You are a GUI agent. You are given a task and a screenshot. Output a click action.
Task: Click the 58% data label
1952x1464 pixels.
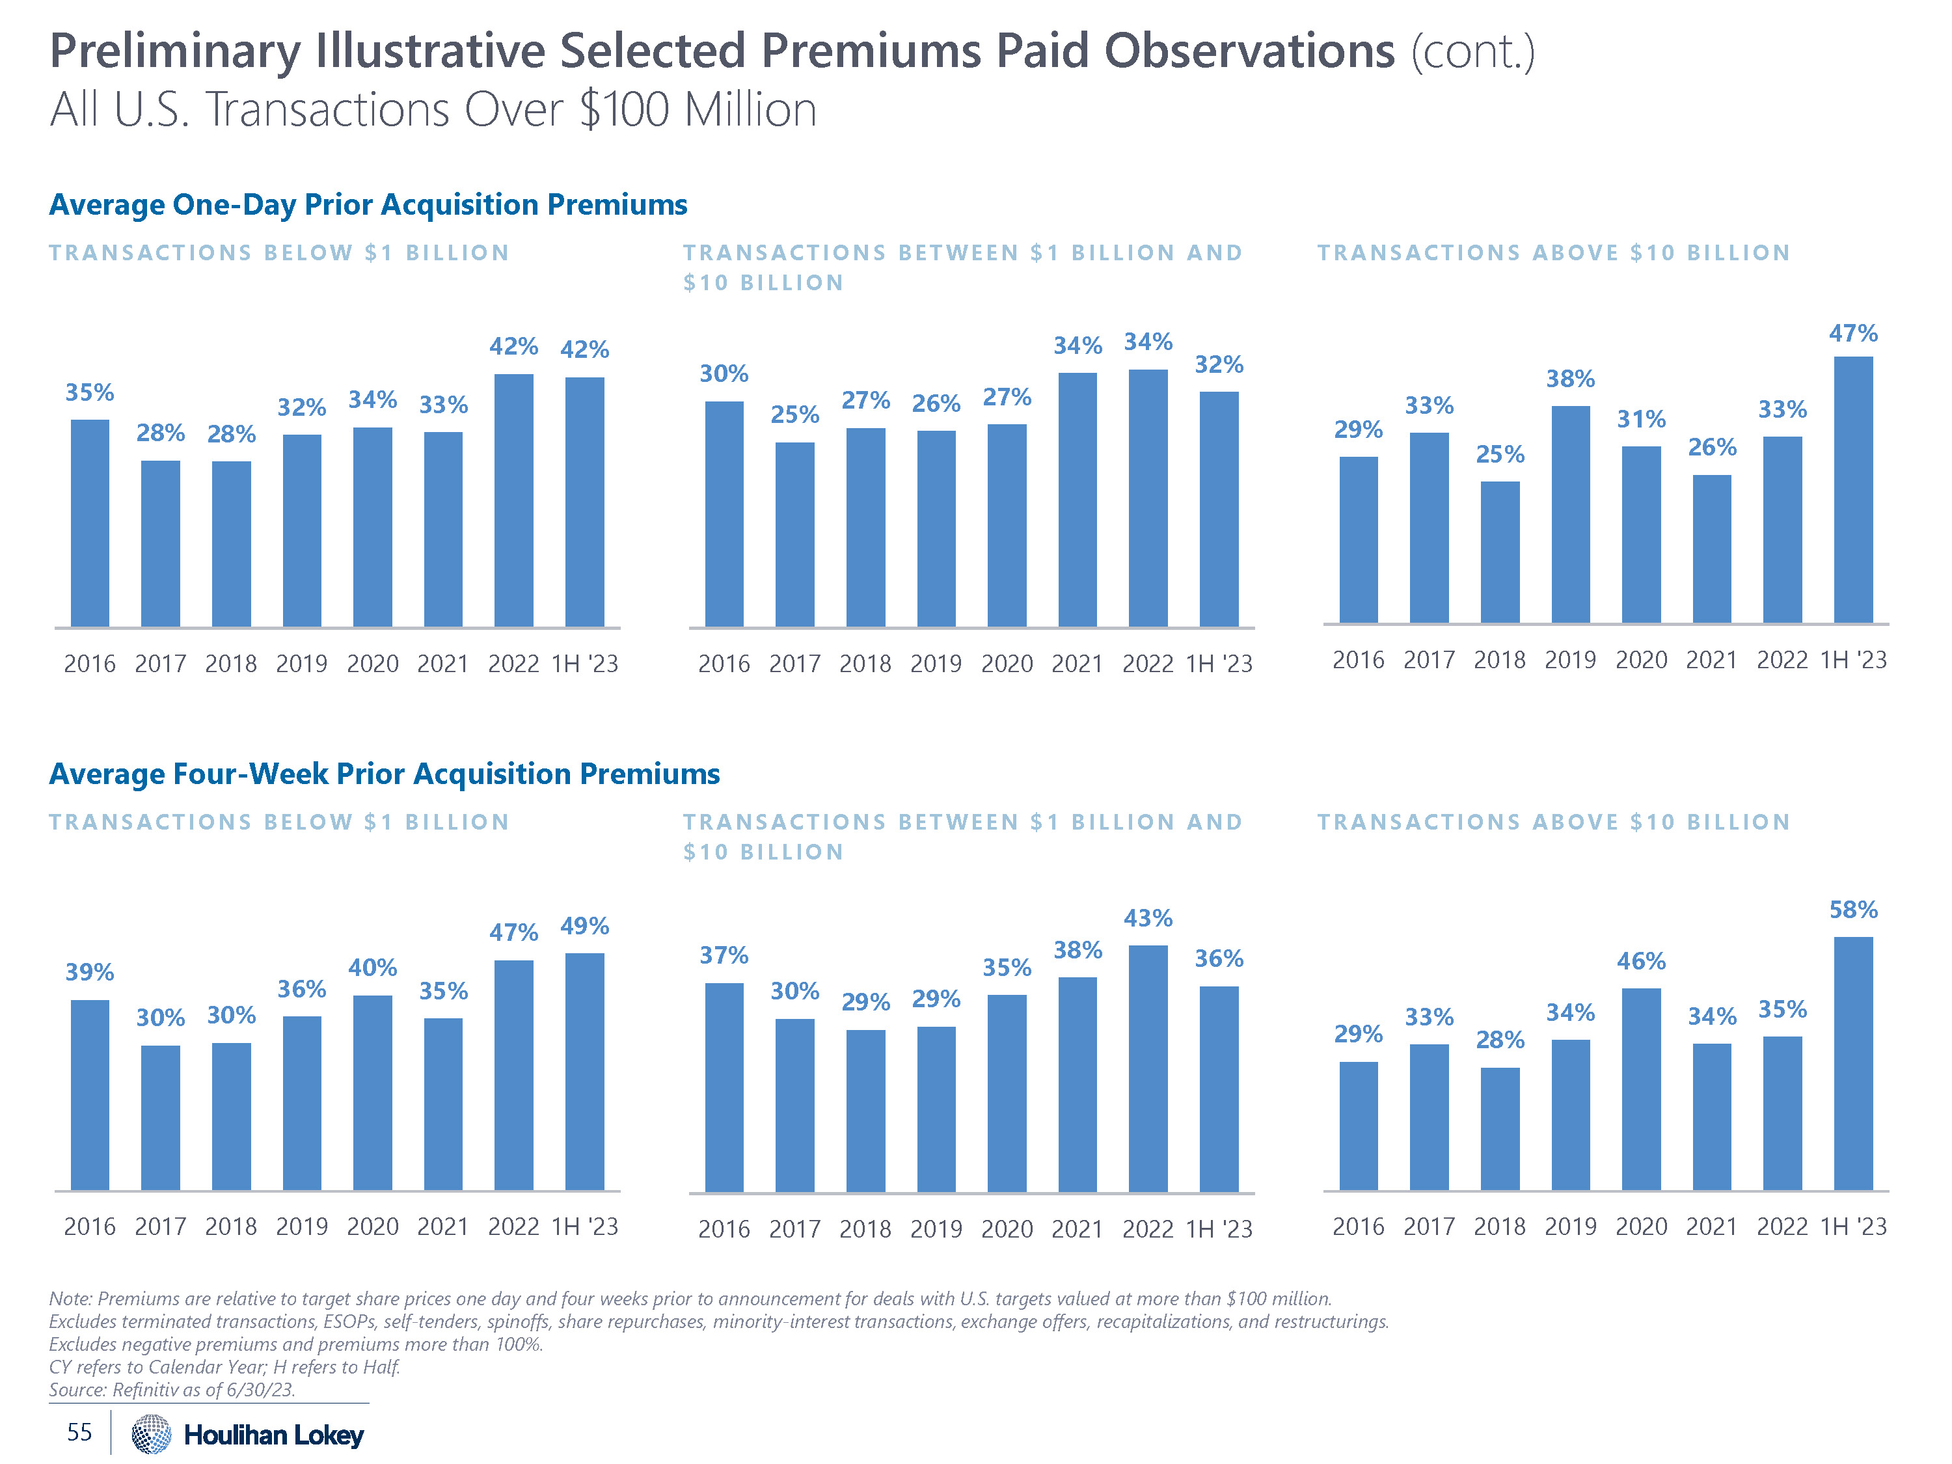[1852, 910]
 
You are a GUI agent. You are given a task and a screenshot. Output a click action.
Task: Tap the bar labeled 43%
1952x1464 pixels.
[1147, 1068]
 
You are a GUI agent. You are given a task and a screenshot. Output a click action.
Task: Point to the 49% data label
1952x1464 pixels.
[584, 927]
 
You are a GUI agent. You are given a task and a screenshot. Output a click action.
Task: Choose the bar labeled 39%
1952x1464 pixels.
[90, 1095]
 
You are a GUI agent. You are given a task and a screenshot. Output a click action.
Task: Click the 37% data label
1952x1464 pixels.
[724, 956]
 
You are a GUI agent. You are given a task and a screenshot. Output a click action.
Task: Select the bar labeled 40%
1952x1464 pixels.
[372, 1092]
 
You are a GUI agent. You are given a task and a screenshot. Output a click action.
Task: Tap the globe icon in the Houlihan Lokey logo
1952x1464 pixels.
[151, 1434]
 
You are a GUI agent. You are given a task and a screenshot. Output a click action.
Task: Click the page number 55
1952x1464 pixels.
[79, 1432]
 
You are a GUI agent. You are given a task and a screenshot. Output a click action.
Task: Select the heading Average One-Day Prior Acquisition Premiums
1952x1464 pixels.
[368, 205]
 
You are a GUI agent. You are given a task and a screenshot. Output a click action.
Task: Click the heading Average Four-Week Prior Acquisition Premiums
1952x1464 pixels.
[385, 774]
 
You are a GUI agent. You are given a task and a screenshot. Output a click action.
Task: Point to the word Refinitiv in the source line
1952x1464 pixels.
[146, 1390]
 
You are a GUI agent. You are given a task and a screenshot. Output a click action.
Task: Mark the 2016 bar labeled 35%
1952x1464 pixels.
[90, 523]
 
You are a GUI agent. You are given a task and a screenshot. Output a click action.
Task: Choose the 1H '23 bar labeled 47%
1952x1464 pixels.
[1852, 490]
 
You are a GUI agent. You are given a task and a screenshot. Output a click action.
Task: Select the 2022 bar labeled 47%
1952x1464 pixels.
[513, 1075]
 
